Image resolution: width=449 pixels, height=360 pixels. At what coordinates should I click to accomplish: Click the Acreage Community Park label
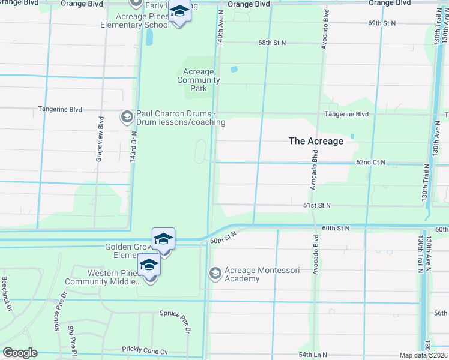(x=199, y=80)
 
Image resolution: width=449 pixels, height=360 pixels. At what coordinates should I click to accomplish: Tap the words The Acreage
(x=316, y=141)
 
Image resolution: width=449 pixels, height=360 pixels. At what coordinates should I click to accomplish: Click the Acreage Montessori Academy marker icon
(x=215, y=274)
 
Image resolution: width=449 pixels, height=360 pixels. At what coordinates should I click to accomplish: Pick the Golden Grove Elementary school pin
(x=163, y=239)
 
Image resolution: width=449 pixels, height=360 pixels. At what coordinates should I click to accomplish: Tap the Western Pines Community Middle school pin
(x=149, y=265)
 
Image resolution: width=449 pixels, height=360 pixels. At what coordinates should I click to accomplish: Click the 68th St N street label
(x=273, y=43)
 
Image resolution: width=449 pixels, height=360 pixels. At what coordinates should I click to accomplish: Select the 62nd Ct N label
(x=370, y=163)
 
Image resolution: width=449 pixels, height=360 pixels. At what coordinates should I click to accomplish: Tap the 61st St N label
(x=317, y=205)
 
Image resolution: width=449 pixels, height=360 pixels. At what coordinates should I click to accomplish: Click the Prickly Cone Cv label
(x=146, y=350)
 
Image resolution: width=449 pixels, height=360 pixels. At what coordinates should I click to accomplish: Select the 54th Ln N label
(x=314, y=355)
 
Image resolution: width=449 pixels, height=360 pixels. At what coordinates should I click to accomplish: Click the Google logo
(x=20, y=353)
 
